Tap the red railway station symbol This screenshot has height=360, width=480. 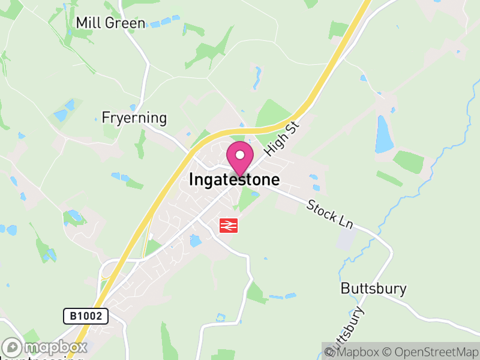pos(229,225)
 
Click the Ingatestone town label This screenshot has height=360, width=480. pos(234,179)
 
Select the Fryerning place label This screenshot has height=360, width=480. pos(134,118)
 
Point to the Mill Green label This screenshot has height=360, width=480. pos(110,23)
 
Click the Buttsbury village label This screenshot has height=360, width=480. pos(373,289)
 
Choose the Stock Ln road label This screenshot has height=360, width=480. pos(329,214)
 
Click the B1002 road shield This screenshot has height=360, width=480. pos(86,316)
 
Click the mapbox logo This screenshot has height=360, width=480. pos(46,347)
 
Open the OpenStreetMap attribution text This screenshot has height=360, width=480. pos(430,352)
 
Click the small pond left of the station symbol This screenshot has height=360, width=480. pos(196,241)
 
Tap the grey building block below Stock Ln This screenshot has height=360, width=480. pos(346,239)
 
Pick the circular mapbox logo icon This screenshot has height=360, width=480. pos(12,347)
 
